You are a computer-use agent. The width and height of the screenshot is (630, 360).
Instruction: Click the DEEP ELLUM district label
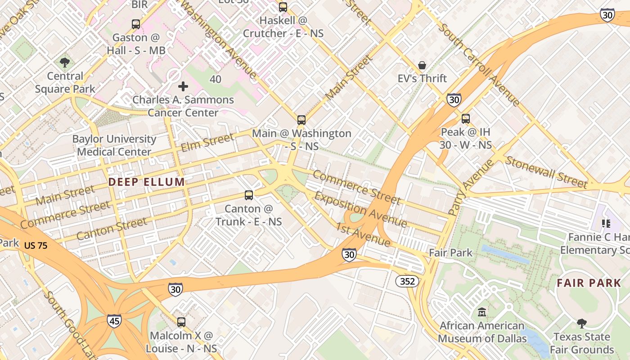[x=146, y=182]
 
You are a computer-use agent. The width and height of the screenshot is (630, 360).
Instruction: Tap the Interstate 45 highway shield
[x=114, y=321]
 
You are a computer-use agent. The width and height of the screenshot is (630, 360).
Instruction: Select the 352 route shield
[x=407, y=282]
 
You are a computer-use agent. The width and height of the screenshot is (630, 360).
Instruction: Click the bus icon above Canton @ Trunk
[x=248, y=195]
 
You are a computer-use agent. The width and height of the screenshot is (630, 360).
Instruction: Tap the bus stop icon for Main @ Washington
[x=301, y=120]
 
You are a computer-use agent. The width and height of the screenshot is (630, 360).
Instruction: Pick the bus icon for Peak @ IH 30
[x=465, y=119]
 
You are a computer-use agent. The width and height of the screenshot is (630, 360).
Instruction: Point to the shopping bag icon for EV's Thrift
[x=422, y=66]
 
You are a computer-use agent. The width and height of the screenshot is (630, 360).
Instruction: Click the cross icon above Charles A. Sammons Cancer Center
[x=183, y=86]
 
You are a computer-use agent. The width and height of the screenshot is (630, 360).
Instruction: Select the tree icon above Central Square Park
[x=65, y=63]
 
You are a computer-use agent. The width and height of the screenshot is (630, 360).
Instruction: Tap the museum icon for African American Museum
[x=482, y=312]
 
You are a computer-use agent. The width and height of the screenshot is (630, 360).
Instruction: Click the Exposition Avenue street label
[x=360, y=210]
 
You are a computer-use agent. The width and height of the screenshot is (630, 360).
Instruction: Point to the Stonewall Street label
[x=546, y=172]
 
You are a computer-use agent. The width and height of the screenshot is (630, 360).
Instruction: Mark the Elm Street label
[x=207, y=142]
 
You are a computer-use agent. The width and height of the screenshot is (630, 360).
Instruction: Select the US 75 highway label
[x=36, y=246]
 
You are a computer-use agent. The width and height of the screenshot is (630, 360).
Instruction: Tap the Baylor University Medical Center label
[x=114, y=145]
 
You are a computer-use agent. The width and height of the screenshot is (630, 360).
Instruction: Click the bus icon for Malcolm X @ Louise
[x=181, y=322]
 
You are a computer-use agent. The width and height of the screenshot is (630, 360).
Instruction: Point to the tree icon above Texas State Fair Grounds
[x=581, y=324]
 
